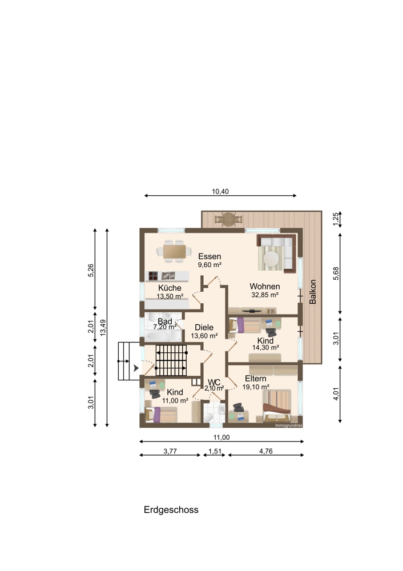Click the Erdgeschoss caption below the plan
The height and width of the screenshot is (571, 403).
point(171,510)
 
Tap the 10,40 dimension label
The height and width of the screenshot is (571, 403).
point(220,191)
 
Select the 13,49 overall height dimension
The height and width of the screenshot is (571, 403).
point(103,327)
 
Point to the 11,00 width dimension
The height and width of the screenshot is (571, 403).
point(221,437)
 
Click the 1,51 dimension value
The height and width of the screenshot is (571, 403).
point(215,451)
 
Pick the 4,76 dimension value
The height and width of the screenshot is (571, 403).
point(266,451)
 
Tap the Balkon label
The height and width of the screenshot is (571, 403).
point(313,292)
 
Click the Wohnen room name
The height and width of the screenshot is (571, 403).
point(265,287)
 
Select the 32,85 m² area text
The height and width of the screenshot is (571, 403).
point(265,295)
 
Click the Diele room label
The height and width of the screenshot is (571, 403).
point(204,327)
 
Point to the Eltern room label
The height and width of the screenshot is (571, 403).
point(256,379)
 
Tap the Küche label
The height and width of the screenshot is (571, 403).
point(170,288)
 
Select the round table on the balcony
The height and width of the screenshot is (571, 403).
point(228,219)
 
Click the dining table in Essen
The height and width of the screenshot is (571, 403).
point(174,251)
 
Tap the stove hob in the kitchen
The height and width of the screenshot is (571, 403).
point(153,276)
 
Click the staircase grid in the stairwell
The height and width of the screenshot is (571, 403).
point(171,360)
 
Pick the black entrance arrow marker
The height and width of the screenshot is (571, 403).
point(136,368)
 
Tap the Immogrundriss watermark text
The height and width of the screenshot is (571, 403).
point(289,425)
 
